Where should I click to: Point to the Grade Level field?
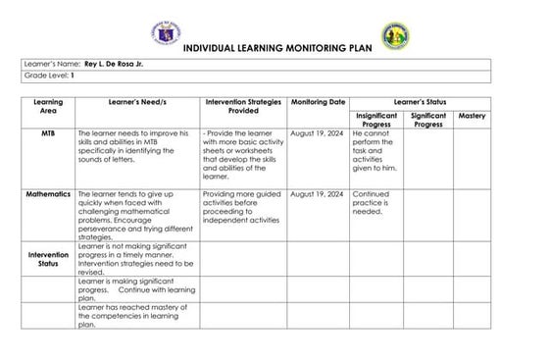point(49,76)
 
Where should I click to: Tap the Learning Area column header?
point(48,106)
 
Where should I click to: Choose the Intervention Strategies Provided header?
point(243,106)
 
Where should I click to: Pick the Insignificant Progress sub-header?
point(376,120)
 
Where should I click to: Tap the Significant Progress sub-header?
point(428,120)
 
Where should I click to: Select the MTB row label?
point(48,132)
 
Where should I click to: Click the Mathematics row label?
point(48,194)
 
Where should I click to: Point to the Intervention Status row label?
point(48,259)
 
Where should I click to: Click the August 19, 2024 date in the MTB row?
point(318,132)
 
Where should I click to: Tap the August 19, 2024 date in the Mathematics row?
point(318,194)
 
